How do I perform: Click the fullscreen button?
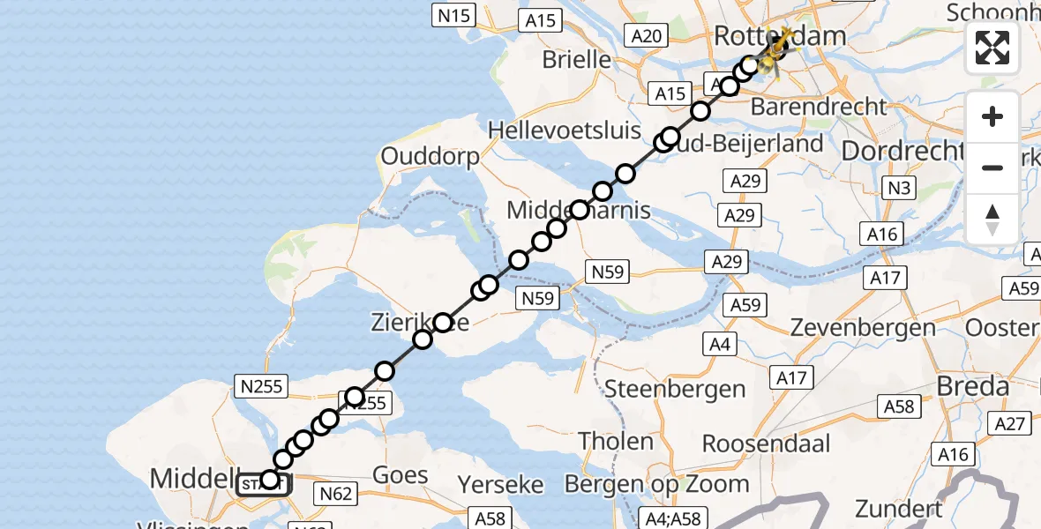point(992,47)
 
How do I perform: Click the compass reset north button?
point(992,220)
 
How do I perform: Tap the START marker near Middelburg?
point(262,483)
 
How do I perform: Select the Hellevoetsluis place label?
point(565,130)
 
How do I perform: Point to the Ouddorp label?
point(430,156)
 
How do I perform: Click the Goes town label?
point(401,475)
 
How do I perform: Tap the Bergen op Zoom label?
point(656,483)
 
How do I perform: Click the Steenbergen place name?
point(675,389)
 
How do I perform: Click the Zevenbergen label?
point(863,327)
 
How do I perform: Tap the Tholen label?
point(616,440)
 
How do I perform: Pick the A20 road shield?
point(647,35)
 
